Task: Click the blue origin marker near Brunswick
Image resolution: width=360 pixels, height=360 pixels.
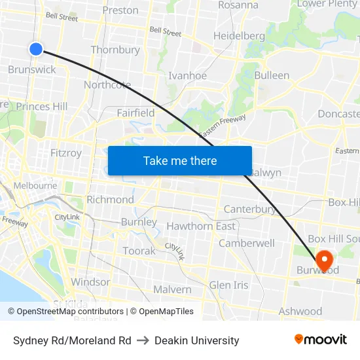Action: (x=36, y=48)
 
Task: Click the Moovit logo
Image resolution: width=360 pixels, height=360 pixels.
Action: (x=320, y=339)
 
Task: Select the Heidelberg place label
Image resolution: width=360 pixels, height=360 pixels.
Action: (x=239, y=35)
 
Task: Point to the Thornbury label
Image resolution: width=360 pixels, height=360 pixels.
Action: (x=115, y=50)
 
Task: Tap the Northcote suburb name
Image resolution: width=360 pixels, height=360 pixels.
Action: (x=107, y=85)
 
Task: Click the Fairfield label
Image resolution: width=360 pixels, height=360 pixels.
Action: (x=135, y=113)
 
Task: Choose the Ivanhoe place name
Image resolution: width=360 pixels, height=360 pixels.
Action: (x=187, y=75)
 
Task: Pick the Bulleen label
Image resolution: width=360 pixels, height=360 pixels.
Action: (x=272, y=75)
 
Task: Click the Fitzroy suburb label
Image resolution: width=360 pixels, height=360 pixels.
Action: (x=66, y=153)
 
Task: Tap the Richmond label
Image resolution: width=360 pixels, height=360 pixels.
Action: (x=110, y=199)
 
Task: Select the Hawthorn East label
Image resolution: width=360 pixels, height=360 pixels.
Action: (x=201, y=226)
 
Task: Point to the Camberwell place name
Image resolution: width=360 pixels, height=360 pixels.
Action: (x=247, y=243)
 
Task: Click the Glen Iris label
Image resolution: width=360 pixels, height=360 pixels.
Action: (x=228, y=285)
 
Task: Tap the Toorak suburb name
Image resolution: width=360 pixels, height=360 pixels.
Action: (x=139, y=251)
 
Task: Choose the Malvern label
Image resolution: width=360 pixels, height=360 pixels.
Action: (x=172, y=289)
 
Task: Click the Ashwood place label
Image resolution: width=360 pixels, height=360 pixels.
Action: (x=300, y=311)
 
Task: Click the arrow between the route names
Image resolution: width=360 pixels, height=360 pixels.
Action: (x=143, y=340)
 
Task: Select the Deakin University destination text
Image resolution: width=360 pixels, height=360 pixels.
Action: (x=197, y=340)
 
